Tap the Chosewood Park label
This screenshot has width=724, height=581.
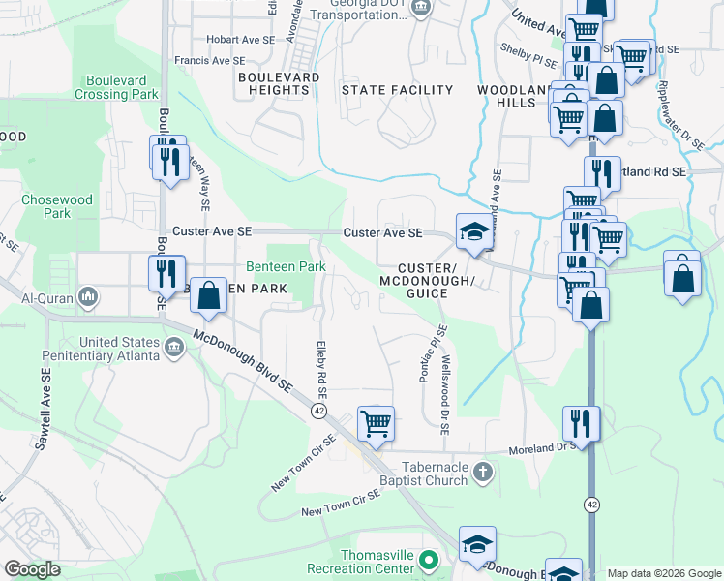tap(57, 206)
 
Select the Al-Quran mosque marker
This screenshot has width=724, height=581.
tap(87, 295)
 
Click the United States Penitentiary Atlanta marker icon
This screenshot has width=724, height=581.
tap(174, 348)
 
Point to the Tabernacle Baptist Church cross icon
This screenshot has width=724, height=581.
tap(484, 473)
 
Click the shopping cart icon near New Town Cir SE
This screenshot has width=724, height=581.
tap(376, 423)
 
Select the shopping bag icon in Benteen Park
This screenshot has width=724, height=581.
tap(208, 295)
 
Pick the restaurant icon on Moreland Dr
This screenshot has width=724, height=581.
tap(581, 422)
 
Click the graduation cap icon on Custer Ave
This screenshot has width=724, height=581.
tap(473, 232)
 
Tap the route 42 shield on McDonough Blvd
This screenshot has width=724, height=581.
tap(318, 411)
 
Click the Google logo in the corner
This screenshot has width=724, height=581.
tap(32, 569)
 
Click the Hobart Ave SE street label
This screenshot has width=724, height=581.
tap(241, 40)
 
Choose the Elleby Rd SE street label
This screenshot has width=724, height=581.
tap(321, 369)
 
